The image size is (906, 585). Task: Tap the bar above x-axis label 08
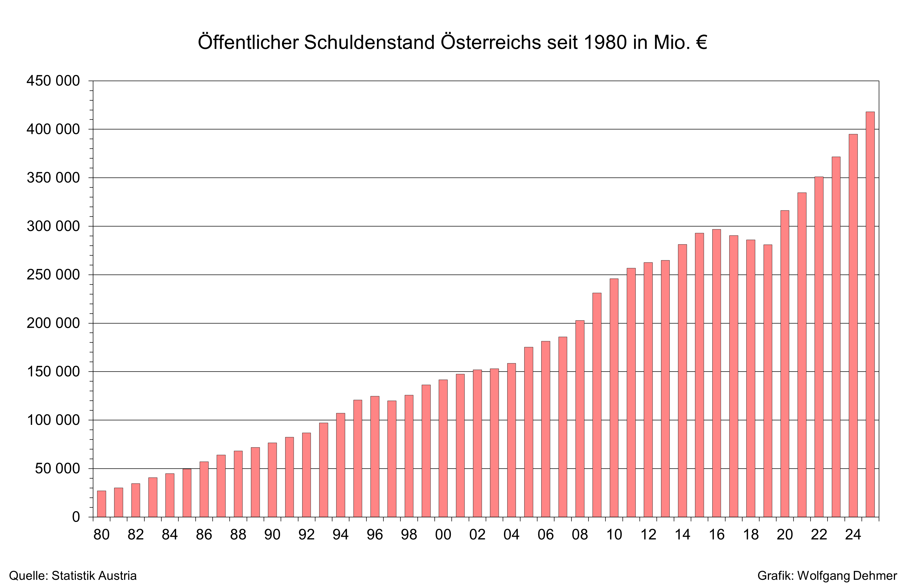point(580,419)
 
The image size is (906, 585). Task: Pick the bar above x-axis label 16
point(716,373)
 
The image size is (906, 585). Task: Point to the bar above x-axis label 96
point(375,457)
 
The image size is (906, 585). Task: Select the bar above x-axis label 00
point(443,448)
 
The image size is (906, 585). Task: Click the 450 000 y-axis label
point(53,81)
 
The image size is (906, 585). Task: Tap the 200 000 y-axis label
point(53,323)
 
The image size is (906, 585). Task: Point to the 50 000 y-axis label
point(57,469)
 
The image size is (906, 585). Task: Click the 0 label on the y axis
point(76,517)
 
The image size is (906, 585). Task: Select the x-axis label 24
point(853,535)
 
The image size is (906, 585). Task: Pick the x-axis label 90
point(272,535)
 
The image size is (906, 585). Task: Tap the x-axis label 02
point(477,535)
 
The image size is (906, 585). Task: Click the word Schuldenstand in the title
point(369,42)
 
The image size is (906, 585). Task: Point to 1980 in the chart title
point(605,42)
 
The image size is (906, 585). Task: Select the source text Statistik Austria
point(94,576)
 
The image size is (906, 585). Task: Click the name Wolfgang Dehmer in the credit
point(847,576)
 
